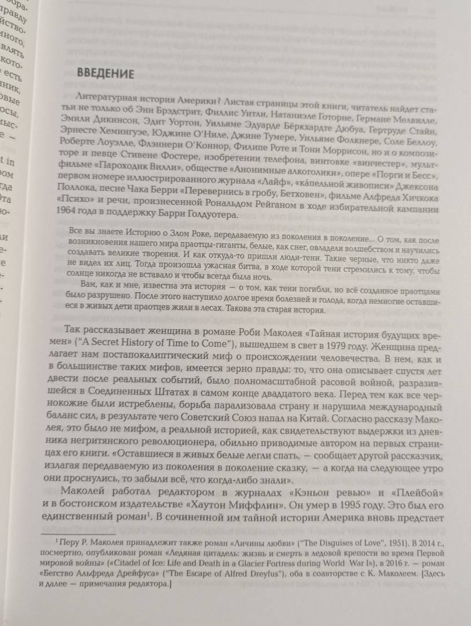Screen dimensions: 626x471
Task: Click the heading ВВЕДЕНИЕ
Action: point(105,74)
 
